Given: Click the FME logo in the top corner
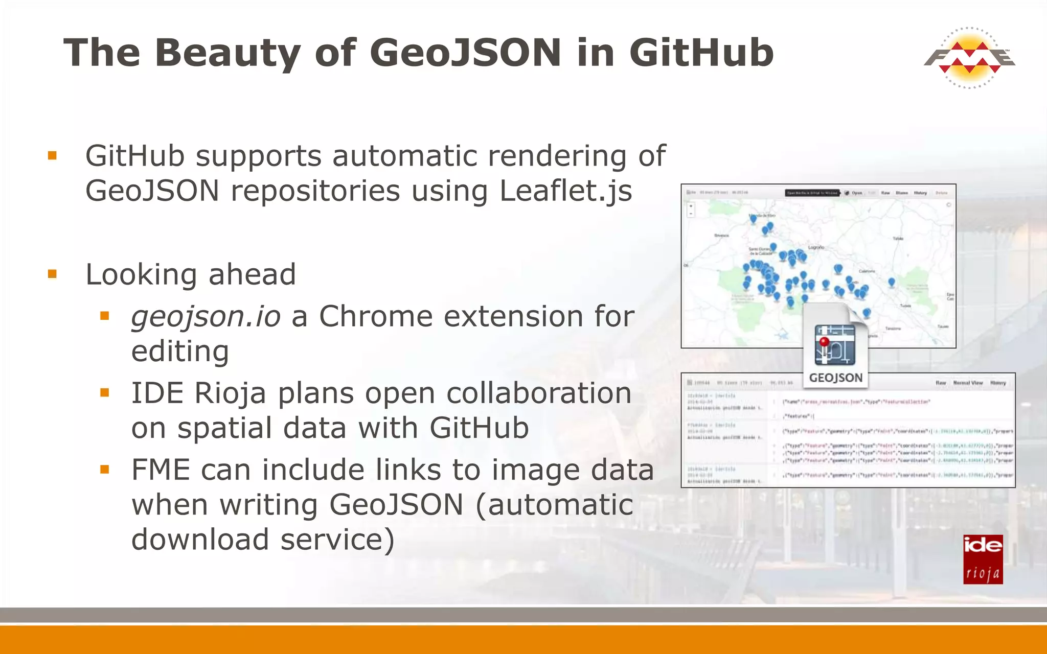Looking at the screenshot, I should tap(969, 58).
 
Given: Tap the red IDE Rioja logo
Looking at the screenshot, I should tap(983, 559).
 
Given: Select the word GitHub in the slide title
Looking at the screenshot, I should tap(701, 53).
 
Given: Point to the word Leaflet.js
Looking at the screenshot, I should tap(565, 191).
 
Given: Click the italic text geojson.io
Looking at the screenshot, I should tap(206, 316).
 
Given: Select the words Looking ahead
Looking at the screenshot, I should tap(191, 274).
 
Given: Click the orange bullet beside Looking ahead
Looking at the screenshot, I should tap(52, 274).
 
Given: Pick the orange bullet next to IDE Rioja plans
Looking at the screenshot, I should tap(105, 393).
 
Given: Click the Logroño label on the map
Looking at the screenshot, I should tap(816, 247).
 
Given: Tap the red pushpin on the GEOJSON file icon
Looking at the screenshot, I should tap(824, 341).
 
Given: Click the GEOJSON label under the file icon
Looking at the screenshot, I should tap(835, 378).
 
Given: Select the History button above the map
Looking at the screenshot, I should tap(920, 193).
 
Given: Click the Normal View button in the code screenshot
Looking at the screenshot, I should tap(968, 383).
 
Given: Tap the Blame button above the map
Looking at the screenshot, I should tap(902, 193).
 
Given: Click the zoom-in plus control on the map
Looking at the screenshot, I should tap(691, 206).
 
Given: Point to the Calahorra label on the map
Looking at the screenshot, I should tap(867, 271).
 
